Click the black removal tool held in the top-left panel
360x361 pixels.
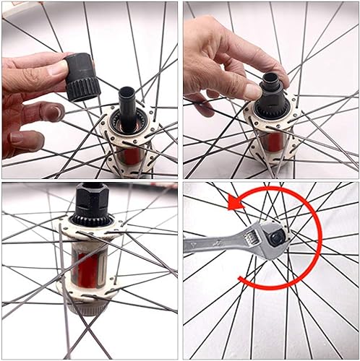pos(84,75)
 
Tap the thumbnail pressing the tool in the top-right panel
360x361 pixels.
pos(251,90)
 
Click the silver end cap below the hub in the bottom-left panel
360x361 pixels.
pos(90,309)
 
